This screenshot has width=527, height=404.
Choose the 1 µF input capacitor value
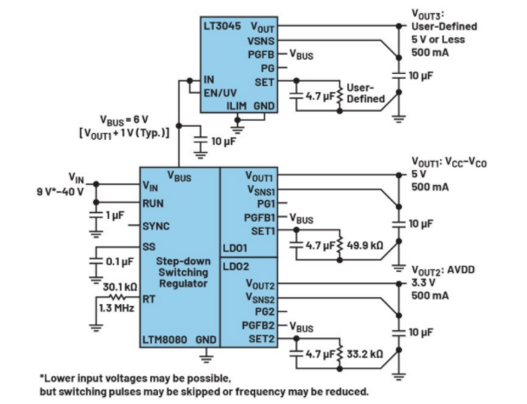click(115, 214)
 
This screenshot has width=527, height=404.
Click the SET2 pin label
click(262, 339)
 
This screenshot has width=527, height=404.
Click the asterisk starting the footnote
click(43, 378)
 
